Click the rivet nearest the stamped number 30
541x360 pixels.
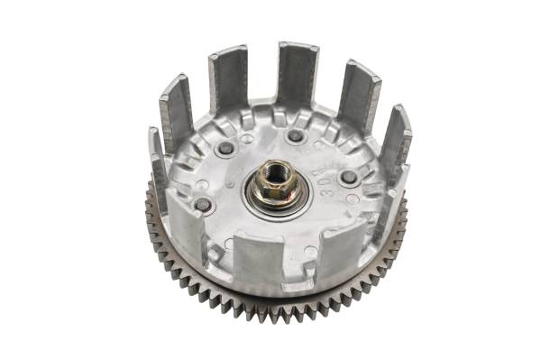click(349, 177)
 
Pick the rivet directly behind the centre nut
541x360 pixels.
click(294, 136)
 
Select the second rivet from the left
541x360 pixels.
click(225, 146)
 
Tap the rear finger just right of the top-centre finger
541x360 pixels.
click(358, 96)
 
